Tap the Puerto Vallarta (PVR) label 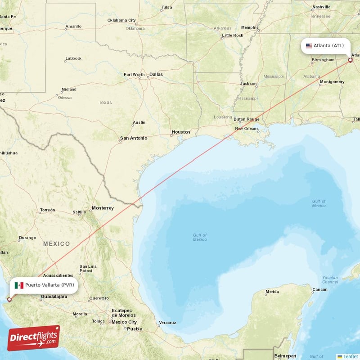pos(49,285)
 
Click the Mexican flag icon pos(19,285)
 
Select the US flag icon pos(309,45)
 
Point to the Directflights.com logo pos(34,338)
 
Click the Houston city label pos(180,132)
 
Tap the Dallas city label pos(156,74)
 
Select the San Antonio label pos(133,138)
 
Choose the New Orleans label pos(247,129)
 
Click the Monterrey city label pos(103,208)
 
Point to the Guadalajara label pos(54,297)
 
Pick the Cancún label pos(320,289)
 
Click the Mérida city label pos(272,292)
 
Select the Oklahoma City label pos(121,20)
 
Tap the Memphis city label pos(250,27)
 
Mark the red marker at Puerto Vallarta pos(9,299)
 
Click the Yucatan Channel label pos(330,279)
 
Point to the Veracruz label pos(167,323)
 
